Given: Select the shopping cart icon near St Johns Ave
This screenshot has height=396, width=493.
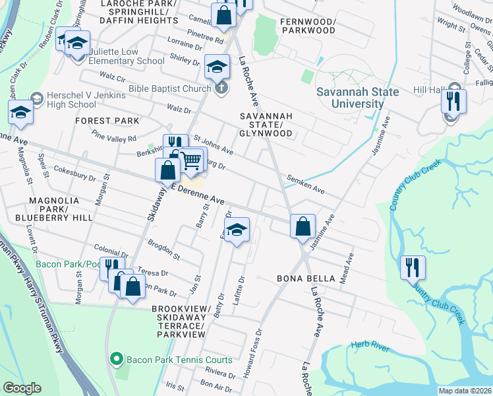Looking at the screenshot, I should click(x=191, y=160).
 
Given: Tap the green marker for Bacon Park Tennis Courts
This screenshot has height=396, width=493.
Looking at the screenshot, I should click(x=117, y=360).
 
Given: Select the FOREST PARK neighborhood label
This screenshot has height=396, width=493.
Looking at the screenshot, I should click(x=107, y=121).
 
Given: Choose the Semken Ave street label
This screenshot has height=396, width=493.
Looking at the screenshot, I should click(x=305, y=183).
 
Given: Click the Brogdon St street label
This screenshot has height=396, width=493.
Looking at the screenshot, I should click(x=163, y=248).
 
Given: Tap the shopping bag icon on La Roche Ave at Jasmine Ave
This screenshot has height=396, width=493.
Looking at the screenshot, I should click(x=302, y=226).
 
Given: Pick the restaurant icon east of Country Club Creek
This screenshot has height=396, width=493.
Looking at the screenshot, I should click(x=413, y=267).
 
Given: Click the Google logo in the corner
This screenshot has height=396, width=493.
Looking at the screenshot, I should click(x=22, y=388).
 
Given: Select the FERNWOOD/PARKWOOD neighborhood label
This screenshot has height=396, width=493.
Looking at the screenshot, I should click(x=308, y=26).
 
